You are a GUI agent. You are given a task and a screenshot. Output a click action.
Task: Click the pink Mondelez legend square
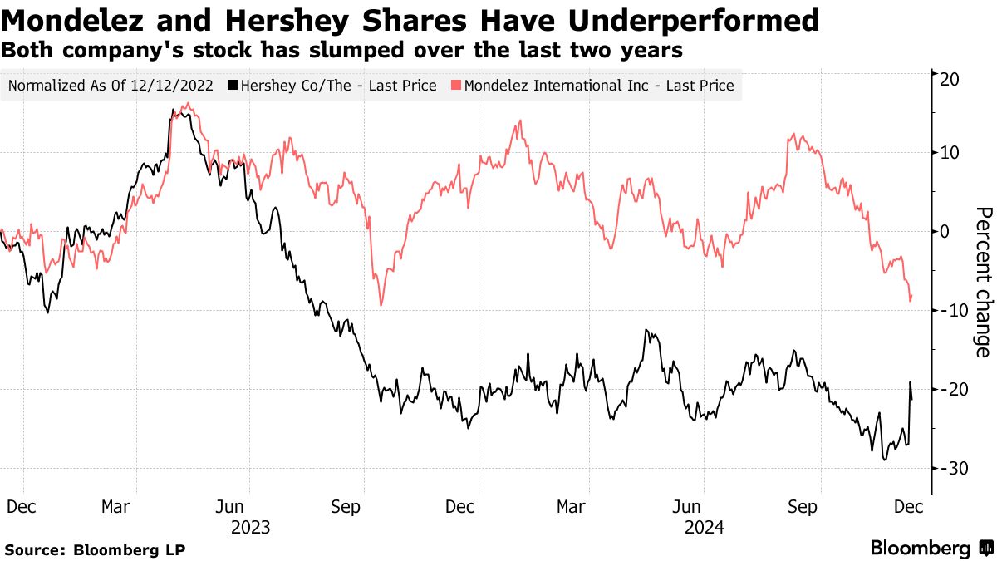pos(456,85)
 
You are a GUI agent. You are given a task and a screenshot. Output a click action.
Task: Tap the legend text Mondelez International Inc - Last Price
pos(599,85)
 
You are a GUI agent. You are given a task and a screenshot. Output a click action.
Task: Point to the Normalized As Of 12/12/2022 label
pos(110,85)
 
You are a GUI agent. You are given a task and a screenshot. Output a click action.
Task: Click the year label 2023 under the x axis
pos(250,527)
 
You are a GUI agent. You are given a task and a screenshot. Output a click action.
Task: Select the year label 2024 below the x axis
pos(705,527)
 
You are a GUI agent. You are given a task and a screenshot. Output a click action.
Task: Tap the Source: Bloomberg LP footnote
pos(96,549)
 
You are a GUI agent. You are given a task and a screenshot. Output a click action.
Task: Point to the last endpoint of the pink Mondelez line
pos(911,295)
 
